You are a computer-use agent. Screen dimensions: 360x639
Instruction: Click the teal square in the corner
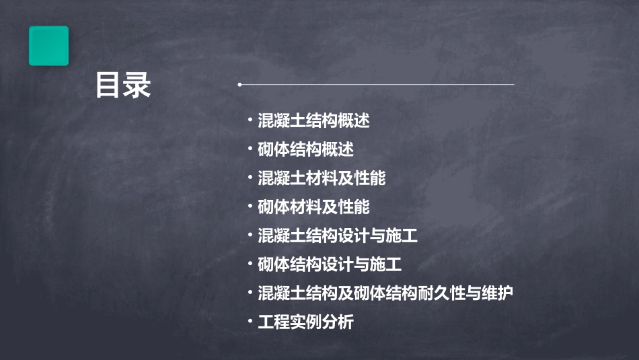tap(48, 46)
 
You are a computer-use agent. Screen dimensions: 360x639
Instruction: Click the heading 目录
tap(123, 85)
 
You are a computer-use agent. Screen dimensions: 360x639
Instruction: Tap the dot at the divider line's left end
tap(240, 85)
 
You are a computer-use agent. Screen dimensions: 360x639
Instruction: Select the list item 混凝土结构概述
tap(313, 121)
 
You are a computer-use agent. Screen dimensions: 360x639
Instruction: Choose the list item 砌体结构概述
tap(305, 149)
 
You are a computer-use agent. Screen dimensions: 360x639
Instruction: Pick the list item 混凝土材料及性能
tap(322, 178)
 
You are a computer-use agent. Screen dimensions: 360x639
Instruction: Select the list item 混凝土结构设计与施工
tap(338, 236)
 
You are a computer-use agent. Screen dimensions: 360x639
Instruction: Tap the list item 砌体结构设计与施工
tap(330, 264)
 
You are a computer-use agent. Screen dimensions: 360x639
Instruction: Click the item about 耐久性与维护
tap(385, 293)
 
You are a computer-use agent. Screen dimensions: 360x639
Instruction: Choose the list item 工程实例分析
tap(305, 322)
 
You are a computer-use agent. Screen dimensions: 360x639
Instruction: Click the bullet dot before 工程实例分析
tap(250, 322)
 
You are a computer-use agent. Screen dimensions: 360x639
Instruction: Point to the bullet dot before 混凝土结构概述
tap(250, 121)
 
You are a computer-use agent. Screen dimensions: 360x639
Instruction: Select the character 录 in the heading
tap(138, 85)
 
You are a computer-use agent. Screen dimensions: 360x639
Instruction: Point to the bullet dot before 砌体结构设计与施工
tap(250, 264)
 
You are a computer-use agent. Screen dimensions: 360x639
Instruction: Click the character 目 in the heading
tap(108, 85)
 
